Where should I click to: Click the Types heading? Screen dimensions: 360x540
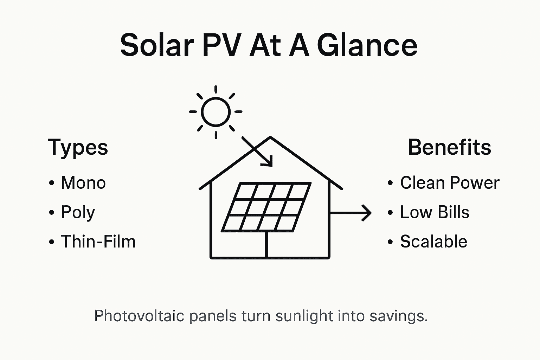click(x=78, y=148)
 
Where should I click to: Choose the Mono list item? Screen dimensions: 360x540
click(x=83, y=183)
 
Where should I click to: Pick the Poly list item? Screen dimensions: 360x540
click(x=78, y=213)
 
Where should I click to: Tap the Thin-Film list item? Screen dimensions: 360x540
click(x=98, y=242)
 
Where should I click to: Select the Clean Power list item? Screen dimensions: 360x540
click(x=450, y=183)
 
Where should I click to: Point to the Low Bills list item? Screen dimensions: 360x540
click(x=435, y=212)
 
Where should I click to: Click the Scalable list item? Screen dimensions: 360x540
click(x=433, y=242)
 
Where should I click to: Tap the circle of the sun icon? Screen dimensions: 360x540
click(x=216, y=112)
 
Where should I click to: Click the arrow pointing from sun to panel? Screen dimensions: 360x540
click(x=257, y=151)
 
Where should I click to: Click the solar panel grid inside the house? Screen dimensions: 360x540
click(x=266, y=207)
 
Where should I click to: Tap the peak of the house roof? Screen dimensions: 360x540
click(x=270, y=137)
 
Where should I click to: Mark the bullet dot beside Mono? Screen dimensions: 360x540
click(x=52, y=183)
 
